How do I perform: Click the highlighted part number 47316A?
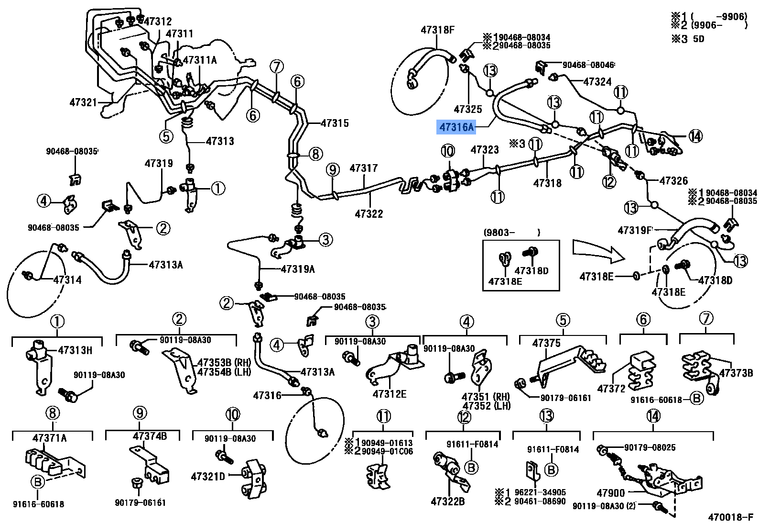(456, 127)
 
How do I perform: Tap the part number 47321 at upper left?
(83, 102)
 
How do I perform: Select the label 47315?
(335, 123)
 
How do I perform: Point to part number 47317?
(363, 168)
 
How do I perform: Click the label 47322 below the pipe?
(369, 214)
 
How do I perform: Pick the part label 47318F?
(437, 30)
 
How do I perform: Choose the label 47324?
(597, 82)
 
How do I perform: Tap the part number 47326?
(673, 181)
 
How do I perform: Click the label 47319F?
(635, 230)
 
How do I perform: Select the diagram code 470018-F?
(730, 517)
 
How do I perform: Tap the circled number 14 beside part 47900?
(653, 416)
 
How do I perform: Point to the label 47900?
(610, 493)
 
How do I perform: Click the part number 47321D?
(208, 477)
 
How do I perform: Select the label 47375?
(546, 343)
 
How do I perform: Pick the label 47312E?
(389, 394)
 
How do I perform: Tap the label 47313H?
(75, 350)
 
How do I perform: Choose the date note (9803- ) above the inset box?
(511, 233)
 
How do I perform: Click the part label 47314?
(67, 280)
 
